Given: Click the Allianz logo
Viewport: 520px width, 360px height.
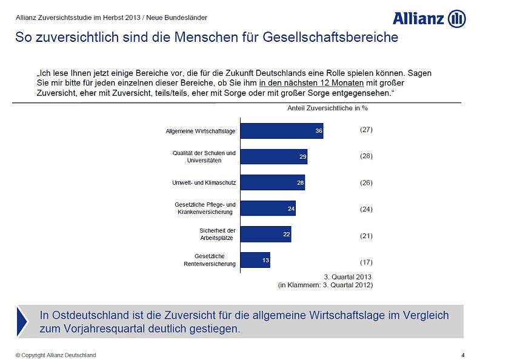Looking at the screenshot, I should click(x=428, y=19).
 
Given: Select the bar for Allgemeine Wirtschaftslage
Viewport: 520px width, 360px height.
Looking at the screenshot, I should click(x=282, y=130).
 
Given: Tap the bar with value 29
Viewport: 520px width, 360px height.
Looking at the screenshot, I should click(x=274, y=156).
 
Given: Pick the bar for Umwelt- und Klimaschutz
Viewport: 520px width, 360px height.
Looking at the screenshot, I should click(x=273, y=182).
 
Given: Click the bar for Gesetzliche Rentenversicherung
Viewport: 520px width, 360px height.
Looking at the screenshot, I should click(x=255, y=260).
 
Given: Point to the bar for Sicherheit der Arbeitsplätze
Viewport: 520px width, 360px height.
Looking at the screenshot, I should click(x=266, y=234).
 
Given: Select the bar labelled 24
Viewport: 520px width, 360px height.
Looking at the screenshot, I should click(x=268, y=208).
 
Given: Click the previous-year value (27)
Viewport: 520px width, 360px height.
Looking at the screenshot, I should click(x=366, y=130).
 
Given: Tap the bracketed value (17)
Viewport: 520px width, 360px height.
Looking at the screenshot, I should click(x=366, y=262).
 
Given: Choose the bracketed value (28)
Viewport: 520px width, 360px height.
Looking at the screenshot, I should click(x=366, y=156).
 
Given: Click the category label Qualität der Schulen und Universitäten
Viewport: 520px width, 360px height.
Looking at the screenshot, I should click(x=204, y=156).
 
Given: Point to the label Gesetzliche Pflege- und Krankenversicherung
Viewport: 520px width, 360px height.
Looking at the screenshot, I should click(x=205, y=208).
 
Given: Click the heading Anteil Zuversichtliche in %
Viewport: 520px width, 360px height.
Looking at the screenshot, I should click(x=327, y=108).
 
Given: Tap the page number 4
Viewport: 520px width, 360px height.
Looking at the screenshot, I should click(x=463, y=355).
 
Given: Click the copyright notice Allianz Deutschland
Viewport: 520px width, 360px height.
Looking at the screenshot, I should click(x=56, y=355).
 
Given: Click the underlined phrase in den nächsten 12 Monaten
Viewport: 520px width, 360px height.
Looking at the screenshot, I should click(x=312, y=82).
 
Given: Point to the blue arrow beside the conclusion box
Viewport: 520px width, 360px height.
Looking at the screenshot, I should click(x=22, y=321).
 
